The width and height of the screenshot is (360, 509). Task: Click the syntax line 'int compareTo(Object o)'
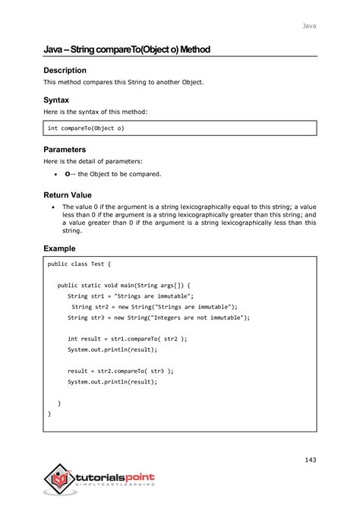(x=86, y=128)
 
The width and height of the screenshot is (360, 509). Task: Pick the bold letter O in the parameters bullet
(x=68, y=174)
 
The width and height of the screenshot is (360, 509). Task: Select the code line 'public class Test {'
(x=80, y=264)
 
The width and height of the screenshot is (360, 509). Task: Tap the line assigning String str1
(x=131, y=296)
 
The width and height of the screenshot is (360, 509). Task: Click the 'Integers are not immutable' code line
(x=158, y=317)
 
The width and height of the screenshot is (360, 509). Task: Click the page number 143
(x=308, y=460)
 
